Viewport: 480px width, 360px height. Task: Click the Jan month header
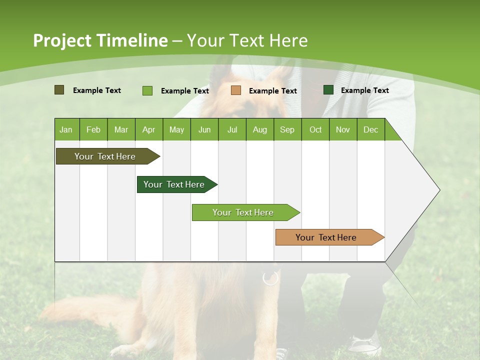[66, 129]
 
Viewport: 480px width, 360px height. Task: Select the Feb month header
[93, 129]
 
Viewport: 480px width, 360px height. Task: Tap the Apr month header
[149, 129]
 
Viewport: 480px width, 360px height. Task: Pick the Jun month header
[204, 129]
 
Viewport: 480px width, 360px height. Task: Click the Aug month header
[260, 129]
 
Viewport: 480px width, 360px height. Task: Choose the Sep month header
[287, 129]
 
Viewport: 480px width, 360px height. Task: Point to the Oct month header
[315, 129]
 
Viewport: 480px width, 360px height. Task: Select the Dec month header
[371, 129]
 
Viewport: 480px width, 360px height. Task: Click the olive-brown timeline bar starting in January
[105, 156]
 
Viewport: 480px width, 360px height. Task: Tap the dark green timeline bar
[174, 184]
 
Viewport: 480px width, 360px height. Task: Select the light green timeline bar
[243, 212]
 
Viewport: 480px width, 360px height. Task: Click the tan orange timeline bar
[326, 237]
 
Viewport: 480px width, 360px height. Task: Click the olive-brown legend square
[59, 90]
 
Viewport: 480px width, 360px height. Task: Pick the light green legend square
[147, 90]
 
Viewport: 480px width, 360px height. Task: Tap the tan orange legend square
[236, 90]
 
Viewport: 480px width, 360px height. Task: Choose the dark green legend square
[328, 90]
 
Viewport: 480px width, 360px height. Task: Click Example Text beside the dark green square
[365, 90]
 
